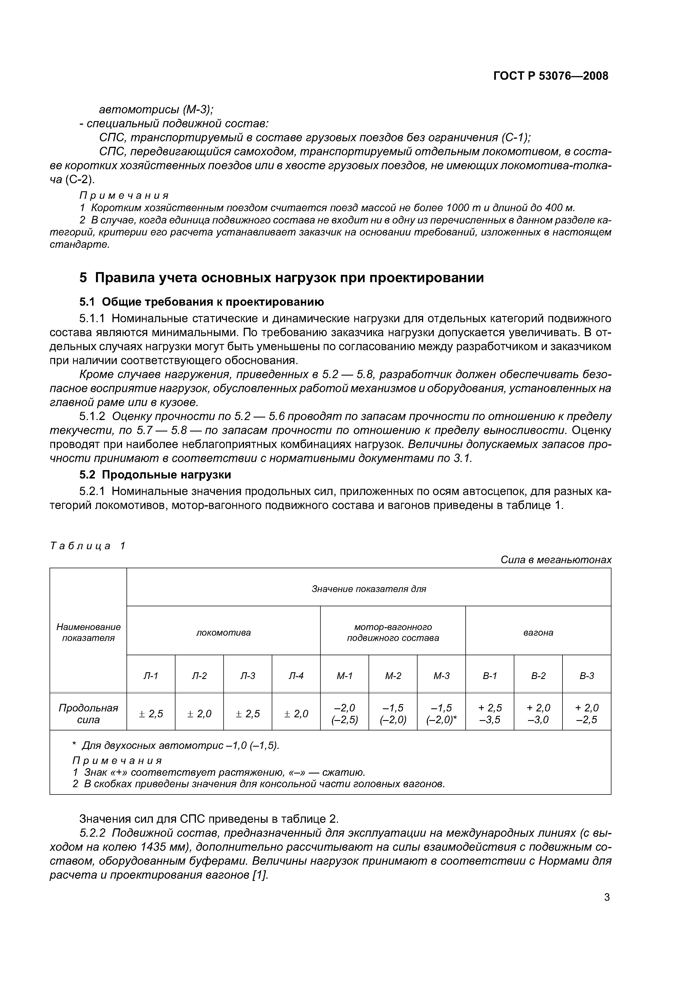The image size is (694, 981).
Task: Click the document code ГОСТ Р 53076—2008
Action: coord(551,76)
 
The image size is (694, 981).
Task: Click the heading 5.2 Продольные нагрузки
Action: coord(155,475)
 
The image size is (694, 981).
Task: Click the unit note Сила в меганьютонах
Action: coord(556,560)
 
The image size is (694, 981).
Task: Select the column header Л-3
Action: coord(248,676)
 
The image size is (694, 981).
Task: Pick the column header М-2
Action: coord(393,676)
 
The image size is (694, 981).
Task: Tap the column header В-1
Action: coord(490,676)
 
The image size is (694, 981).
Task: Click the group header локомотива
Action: coord(223,633)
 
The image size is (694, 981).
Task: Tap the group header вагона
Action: coord(538,633)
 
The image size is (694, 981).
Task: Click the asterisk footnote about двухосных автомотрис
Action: coord(175,746)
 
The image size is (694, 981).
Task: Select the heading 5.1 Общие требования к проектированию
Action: coord(202,302)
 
